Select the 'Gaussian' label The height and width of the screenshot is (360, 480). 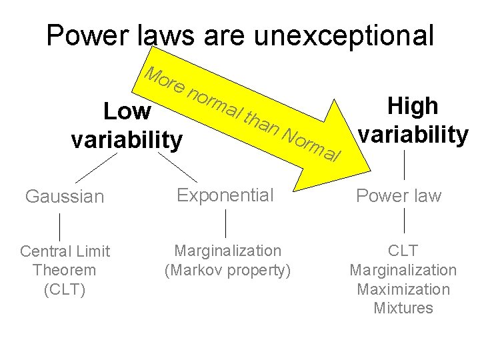(65, 197)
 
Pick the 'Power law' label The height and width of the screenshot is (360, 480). (399, 196)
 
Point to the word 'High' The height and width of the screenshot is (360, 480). (413, 106)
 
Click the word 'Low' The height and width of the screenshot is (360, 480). (128, 112)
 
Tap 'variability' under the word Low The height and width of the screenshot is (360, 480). (126, 141)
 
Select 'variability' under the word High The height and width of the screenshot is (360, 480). (413, 135)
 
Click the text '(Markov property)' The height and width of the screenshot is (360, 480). (227, 271)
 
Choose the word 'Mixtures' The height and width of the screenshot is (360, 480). (403, 308)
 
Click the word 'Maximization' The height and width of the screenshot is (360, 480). (403, 289)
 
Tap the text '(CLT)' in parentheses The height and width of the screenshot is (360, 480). (64, 290)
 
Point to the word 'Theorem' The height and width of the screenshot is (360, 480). (64, 271)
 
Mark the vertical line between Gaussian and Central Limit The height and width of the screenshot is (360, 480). (62, 226)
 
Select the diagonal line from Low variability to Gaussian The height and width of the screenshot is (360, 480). (95, 167)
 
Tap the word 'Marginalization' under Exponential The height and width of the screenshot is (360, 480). (227, 251)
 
